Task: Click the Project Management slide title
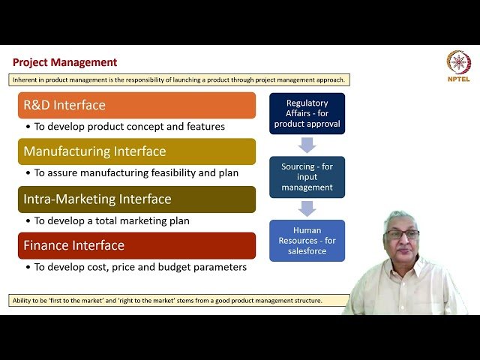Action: pyautogui.click(x=65, y=62)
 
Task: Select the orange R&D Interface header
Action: pyautogui.click(x=136, y=105)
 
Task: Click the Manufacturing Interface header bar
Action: pyautogui.click(x=136, y=151)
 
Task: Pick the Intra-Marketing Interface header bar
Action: pyautogui.click(x=136, y=199)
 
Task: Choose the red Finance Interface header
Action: pyautogui.click(x=136, y=245)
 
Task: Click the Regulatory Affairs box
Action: pyautogui.click(x=307, y=113)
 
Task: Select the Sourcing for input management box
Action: pyautogui.click(x=307, y=177)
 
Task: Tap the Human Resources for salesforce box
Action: pyautogui.click(x=307, y=241)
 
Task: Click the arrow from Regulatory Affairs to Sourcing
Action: pyautogui.click(x=307, y=145)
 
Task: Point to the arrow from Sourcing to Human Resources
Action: pyautogui.click(x=307, y=208)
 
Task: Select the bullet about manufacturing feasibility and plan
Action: pyautogui.click(x=131, y=173)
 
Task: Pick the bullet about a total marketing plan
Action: pyautogui.click(x=107, y=221)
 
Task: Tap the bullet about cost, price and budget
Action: pyautogui.click(x=135, y=267)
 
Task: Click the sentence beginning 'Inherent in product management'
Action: pyautogui.click(x=180, y=79)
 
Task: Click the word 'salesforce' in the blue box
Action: pyautogui.click(x=307, y=251)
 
